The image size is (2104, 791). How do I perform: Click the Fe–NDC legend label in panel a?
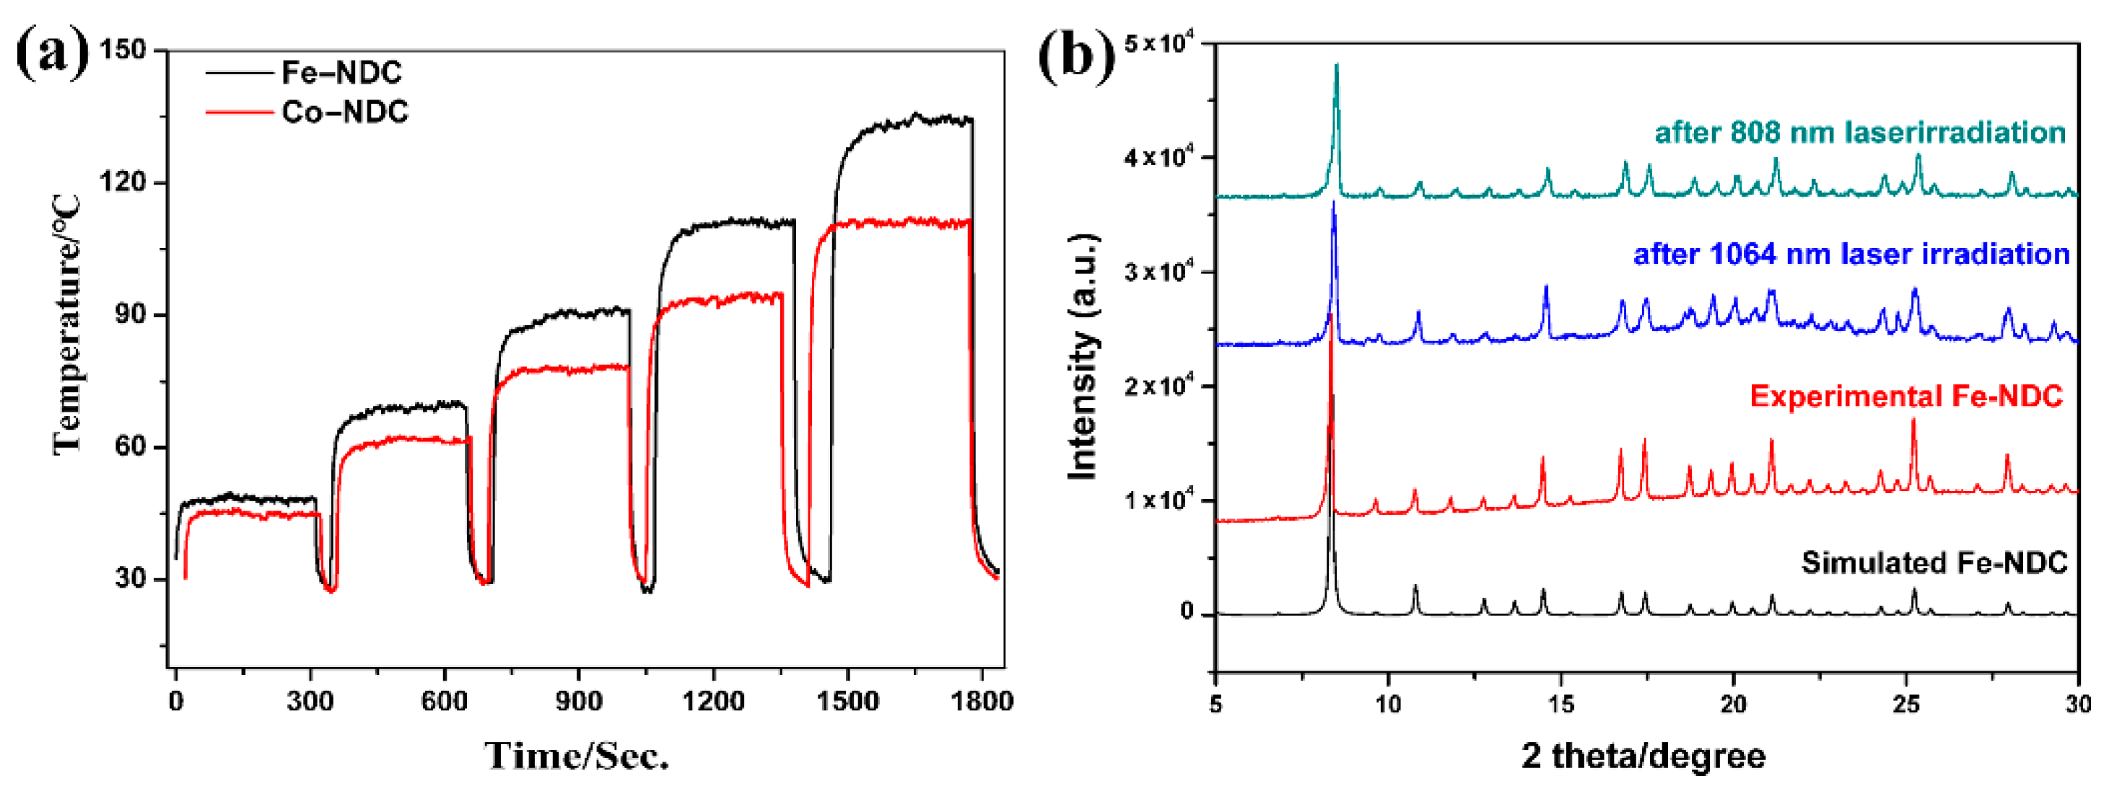pos(341,73)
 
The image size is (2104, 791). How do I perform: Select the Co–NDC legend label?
pos(345,112)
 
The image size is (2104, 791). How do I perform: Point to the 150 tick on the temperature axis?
pos(123,50)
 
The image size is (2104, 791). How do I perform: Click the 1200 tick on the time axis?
pos(713,700)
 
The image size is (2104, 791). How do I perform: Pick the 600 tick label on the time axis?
pos(445,700)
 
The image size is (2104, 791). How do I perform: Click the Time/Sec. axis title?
pos(577,755)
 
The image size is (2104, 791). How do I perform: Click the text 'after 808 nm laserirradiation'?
pos(1860,132)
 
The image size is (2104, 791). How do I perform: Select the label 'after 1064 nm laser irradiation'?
pos(1851,254)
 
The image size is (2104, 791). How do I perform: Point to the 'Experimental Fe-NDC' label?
pos(1906,397)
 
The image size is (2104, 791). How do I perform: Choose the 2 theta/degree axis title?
pos(1643,755)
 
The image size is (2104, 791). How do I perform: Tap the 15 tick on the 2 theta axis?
pos(1560,702)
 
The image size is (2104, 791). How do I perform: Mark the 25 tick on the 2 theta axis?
pos(1906,702)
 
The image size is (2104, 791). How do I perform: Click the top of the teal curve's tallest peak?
pos(1336,66)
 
